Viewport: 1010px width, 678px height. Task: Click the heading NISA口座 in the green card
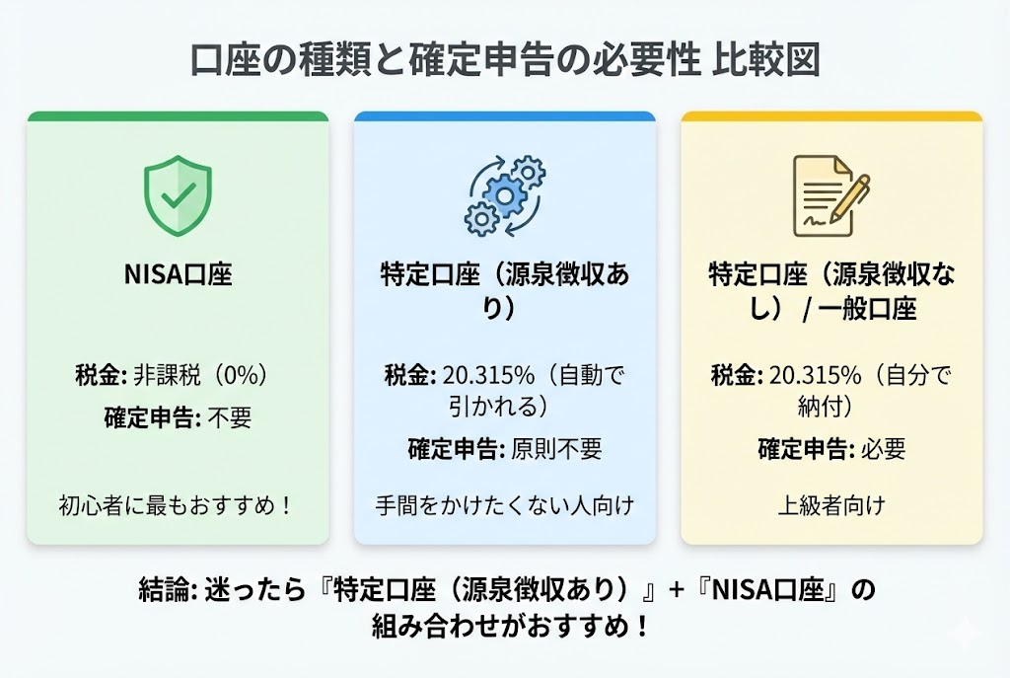(x=178, y=273)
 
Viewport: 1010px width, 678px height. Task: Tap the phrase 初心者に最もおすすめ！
(x=178, y=506)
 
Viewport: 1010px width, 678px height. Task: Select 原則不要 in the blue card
(x=556, y=449)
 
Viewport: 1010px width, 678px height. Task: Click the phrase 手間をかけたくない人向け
(x=504, y=506)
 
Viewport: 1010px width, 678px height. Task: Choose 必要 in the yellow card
(x=882, y=449)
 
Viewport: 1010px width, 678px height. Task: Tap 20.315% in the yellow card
(x=813, y=376)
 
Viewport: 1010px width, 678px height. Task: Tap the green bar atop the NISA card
(x=178, y=116)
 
